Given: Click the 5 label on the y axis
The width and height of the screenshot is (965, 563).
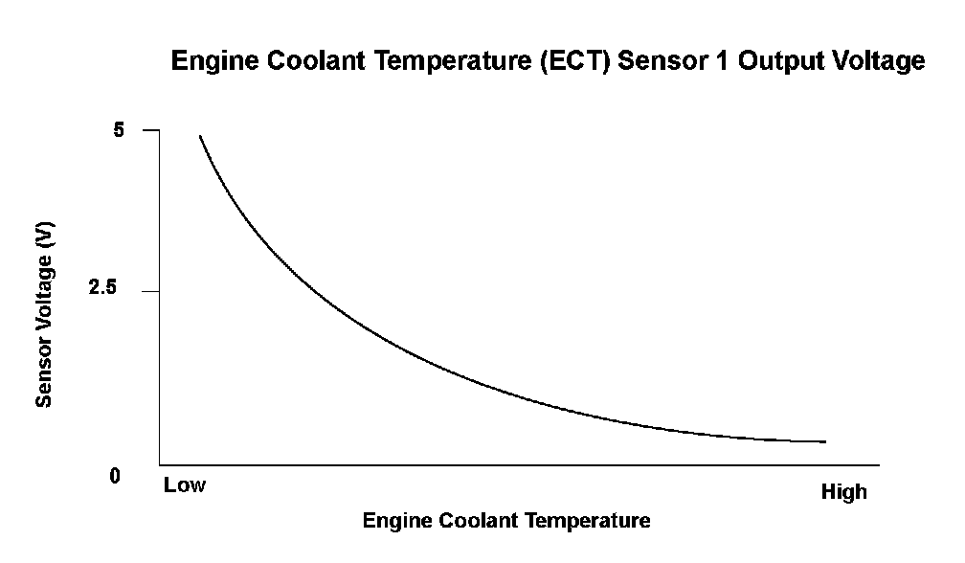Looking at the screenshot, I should tap(120, 130).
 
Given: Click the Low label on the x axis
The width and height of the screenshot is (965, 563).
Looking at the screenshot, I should tap(184, 485).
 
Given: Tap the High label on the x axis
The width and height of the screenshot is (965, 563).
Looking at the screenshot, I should tap(843, 492).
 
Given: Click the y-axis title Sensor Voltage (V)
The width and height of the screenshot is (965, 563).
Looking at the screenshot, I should tap(44, 315).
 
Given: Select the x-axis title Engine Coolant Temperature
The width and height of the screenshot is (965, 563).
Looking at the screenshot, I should tap(505, 522).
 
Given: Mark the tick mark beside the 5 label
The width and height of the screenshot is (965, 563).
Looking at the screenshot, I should tap(150, 130).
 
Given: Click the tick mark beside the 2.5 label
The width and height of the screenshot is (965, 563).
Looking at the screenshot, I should tap(150, 290).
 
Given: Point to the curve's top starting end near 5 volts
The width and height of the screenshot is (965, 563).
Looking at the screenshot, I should tap(200, 137).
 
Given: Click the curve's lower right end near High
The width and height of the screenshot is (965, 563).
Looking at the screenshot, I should tap(823, 441).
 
